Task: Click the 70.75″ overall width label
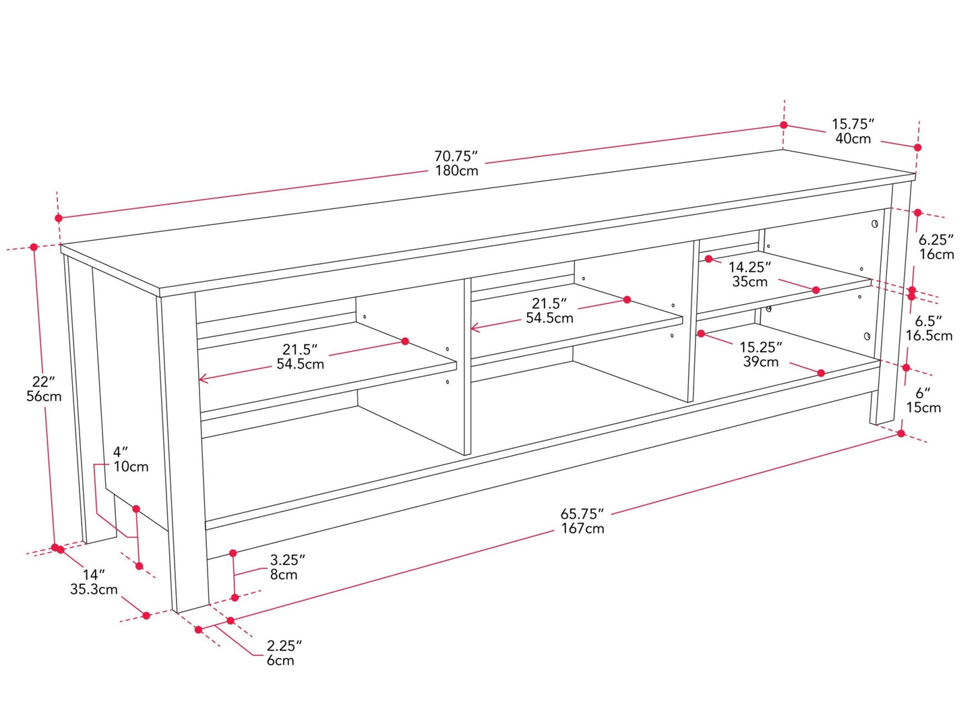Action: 456,156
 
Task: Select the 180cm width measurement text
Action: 456,171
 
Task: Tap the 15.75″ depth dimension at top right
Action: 853,124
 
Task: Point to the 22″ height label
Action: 44,381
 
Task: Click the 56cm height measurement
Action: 44,396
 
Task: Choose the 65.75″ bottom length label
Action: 582,514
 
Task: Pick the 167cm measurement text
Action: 582,528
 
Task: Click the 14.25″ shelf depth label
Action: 750,267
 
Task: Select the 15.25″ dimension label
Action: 760,347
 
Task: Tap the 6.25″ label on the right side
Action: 936,240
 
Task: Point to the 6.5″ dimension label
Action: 929,321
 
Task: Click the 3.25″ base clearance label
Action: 288,560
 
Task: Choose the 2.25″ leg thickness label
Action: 284,646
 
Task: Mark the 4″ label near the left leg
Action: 120,452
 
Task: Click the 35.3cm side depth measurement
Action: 94,590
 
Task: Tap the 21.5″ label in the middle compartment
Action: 549,303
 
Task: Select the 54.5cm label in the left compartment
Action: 301,364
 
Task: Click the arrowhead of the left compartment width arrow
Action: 202,378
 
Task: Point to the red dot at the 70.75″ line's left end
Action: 59,218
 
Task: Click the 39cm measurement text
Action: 761,361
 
